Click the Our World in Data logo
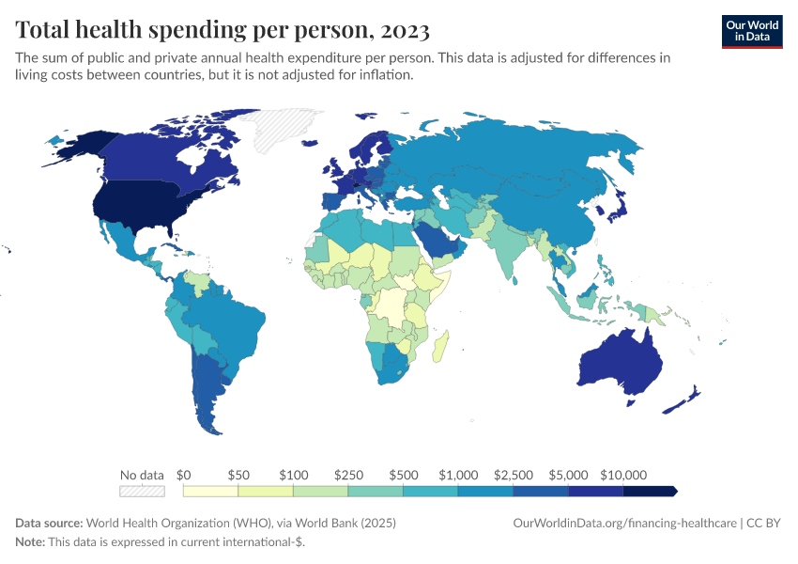pyautogui.click(x=751, y=30)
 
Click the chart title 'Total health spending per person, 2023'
pyautogui.click(x=223, y=30)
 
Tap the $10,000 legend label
pyautogui.click(x=623, y=475)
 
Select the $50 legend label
pyautogui.click(x=238, y=475)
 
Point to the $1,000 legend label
pyautogui.click(x=459, y=475)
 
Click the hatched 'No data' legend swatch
pyautogui.click(x=142, y=491)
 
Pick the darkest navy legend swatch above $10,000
pyautogui.click(x=650, y=491)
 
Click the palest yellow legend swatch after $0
pyautogui.click(x=211, y=491)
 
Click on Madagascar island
pyautogui.click(x=440, y=345)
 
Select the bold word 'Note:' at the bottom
pyautogui.click(x=31, y=542)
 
